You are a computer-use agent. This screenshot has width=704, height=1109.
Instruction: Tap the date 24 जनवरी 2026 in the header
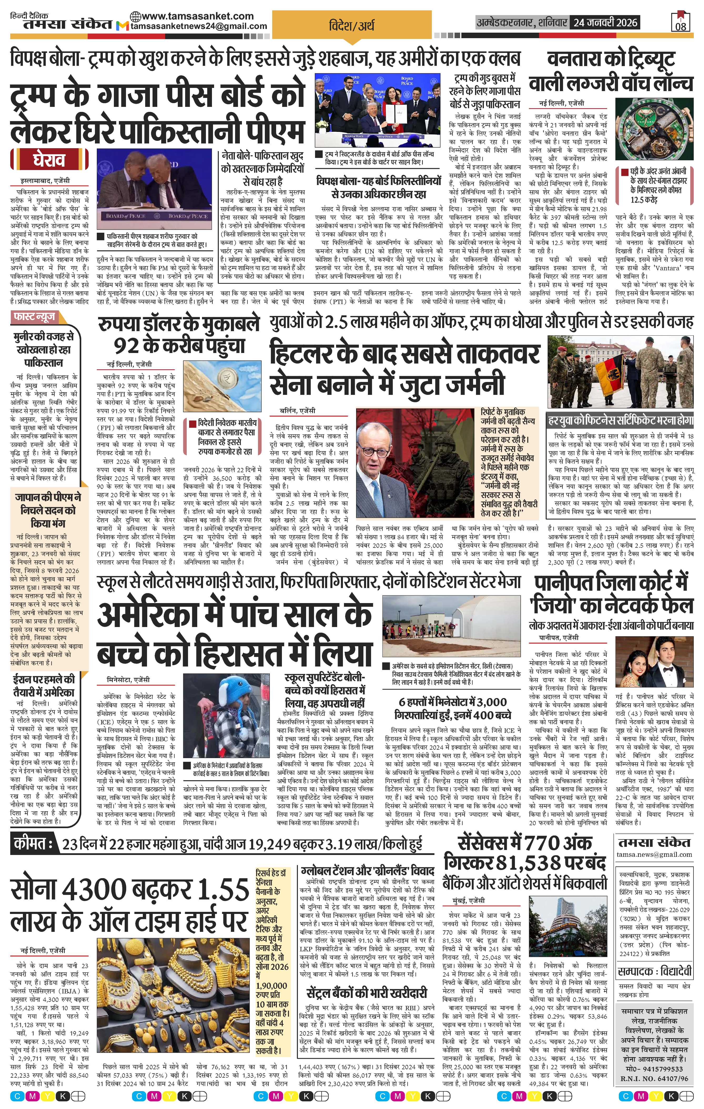pyautogui.click(x=604, y=22)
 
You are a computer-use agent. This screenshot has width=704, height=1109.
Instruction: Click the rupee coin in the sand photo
pyautogui.click(x=226, y=375)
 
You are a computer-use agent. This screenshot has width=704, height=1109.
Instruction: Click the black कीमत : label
pyautogui.click(x=32, y=844)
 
